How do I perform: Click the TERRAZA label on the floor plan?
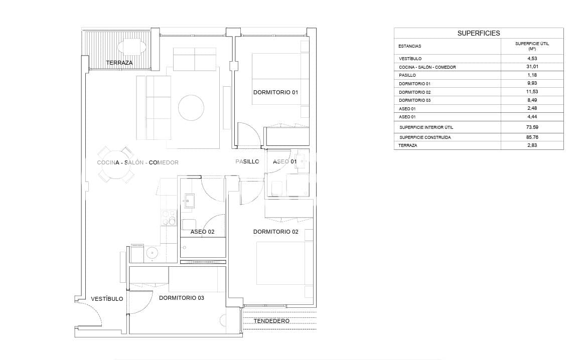coord(119,63)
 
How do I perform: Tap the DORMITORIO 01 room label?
coord(275,92)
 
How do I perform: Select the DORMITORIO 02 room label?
coord(275,232)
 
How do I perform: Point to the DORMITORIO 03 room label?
coord(181,298)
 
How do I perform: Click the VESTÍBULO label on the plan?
coord(107,299)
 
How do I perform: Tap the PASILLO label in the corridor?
coord(247,161)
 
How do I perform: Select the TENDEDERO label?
coord(271,321)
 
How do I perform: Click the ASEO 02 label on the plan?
coord(202,232)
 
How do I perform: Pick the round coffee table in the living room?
coord(191,107)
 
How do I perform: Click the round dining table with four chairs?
coord(116,164)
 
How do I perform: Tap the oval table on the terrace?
coord(132,47)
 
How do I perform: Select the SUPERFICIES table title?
coord(478,33)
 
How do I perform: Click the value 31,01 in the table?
coord(532,67)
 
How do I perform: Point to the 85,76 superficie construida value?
coord(532,137)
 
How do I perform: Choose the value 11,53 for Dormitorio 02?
coord(532,92)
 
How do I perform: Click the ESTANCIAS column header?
coord(410,46)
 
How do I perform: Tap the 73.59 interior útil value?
coord(532,127)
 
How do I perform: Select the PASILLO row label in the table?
coord(407,75)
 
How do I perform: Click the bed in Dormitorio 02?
coord(281,263)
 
